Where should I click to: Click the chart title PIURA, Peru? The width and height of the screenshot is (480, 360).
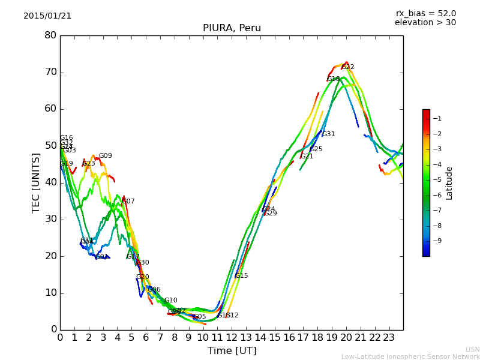pos(232,28)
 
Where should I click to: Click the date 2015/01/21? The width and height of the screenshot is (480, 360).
pos(47,16)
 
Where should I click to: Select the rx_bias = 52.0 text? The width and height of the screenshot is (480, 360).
pos(425,14)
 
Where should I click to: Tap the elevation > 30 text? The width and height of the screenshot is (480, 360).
pos(425,23)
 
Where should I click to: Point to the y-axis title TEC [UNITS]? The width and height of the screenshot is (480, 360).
pos(37,182)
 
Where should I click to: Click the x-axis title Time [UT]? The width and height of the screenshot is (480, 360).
pos(232,351)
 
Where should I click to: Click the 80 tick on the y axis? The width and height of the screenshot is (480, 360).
pos(50,35)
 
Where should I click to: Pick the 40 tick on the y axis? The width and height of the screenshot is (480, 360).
pos(50,182)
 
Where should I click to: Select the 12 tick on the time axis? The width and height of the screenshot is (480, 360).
pos(232,337)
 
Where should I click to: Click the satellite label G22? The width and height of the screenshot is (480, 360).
pos(348,67)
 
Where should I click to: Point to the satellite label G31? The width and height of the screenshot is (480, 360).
pos(329,134)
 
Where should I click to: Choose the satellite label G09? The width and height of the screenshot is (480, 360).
pos(106,156)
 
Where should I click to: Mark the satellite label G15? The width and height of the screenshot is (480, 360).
pos(242,276)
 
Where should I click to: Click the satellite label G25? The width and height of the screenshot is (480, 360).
pos(316,149)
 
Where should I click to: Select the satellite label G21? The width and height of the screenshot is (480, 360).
pos(307,157)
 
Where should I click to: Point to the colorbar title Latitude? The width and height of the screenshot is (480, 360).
pos(449,183)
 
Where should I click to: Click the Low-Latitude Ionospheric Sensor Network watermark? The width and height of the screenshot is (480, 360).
pos(410,357)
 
